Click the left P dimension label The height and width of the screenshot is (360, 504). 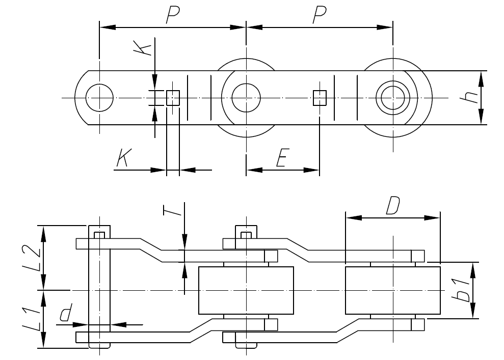172,16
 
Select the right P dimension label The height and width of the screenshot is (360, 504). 319,16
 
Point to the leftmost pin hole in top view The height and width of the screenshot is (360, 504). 99,97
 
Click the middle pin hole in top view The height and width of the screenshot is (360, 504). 246,97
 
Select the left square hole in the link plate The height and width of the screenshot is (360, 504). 173,97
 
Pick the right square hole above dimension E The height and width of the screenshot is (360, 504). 320,97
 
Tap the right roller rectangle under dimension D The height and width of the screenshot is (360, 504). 392,290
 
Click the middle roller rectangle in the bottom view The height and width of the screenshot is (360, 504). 246,290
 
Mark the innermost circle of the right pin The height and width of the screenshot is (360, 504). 393,97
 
